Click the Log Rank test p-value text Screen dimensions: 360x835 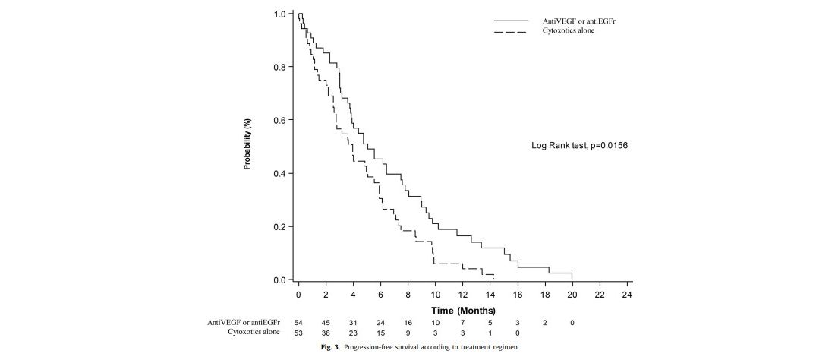click(579, 145)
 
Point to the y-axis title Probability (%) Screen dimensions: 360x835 click(247, 144)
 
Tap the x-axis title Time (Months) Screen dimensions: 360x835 click(463, 310)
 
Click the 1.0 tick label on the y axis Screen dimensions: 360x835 click(280, 14)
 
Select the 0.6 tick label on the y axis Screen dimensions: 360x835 click(280, 121)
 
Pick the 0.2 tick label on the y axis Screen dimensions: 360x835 click(280, 227)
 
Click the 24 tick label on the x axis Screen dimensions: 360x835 click(627, 294)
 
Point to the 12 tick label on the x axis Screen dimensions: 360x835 click(463, 294)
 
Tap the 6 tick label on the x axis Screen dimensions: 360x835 click(381, 294)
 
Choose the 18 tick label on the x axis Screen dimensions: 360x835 click(545, 294)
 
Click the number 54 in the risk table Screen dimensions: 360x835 click(298, 323)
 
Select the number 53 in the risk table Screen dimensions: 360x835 click(298, 333)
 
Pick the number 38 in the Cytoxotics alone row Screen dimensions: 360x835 click(326, 333)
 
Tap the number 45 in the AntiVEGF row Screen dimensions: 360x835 click(326, 323)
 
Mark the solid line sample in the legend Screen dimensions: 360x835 click(510, 21)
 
